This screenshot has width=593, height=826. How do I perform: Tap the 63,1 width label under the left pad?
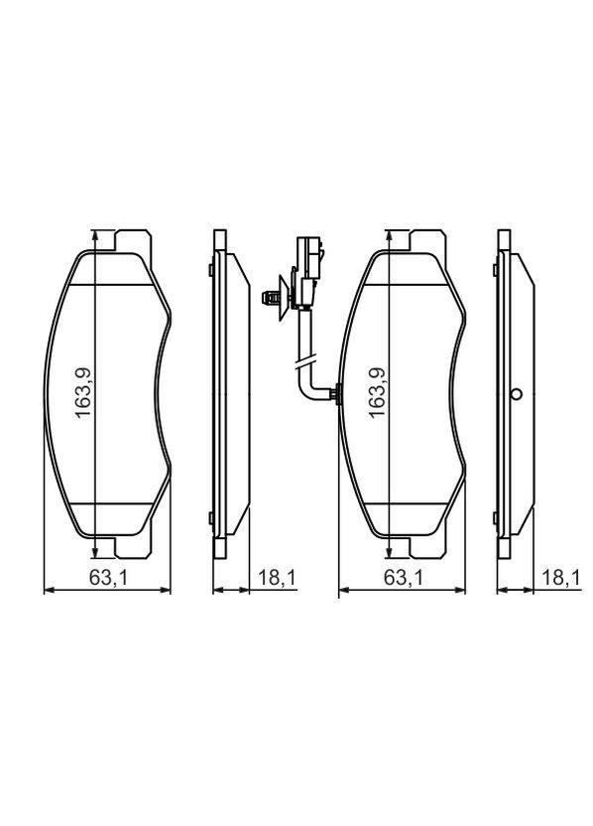click(x=108, y=579)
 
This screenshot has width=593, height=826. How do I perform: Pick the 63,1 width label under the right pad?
click(x=400, y=579)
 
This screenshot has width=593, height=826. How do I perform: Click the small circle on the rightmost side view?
click(x=515, y=395)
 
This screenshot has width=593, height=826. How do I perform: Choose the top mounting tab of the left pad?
click(x=133, y=241)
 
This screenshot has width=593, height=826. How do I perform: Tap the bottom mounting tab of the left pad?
click(x=133, y=547)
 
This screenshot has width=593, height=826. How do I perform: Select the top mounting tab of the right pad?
click(x=424, y=241)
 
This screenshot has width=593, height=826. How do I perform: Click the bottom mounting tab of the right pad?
click(x=424, y=547)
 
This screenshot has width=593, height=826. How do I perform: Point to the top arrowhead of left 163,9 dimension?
click(x=95, y=236)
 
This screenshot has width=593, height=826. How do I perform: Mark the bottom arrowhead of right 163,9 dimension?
click(x=387, y=553)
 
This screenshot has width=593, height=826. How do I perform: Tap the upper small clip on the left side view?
click(x=210, y=270)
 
